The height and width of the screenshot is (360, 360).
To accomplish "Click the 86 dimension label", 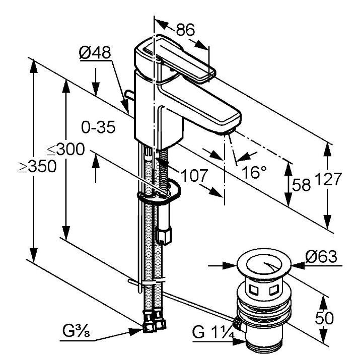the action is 185,30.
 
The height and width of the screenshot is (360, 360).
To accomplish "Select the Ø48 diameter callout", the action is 95,53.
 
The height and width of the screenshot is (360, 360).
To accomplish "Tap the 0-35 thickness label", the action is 98,127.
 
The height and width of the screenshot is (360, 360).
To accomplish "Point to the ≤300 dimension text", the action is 66,149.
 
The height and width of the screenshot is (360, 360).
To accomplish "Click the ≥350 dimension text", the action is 38,166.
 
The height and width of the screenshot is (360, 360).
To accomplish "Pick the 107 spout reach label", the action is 194,176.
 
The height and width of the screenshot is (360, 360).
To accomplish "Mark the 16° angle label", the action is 254,172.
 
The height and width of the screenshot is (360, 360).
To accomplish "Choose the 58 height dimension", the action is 301,185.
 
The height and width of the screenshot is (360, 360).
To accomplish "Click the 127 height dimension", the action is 329,179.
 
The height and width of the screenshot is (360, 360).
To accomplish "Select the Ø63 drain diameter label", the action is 321,256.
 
